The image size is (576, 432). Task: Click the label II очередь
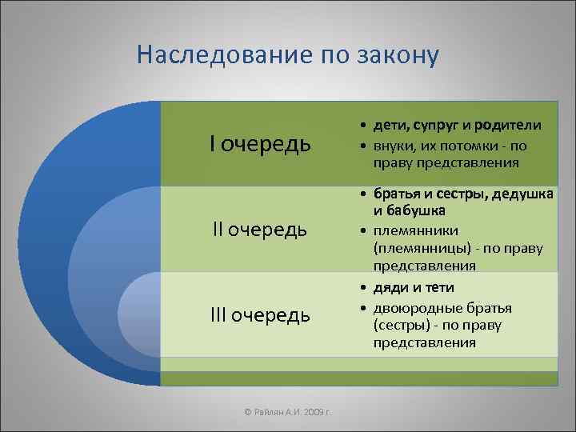pos(259,230)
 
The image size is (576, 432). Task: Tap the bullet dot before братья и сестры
pos(363,194)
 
